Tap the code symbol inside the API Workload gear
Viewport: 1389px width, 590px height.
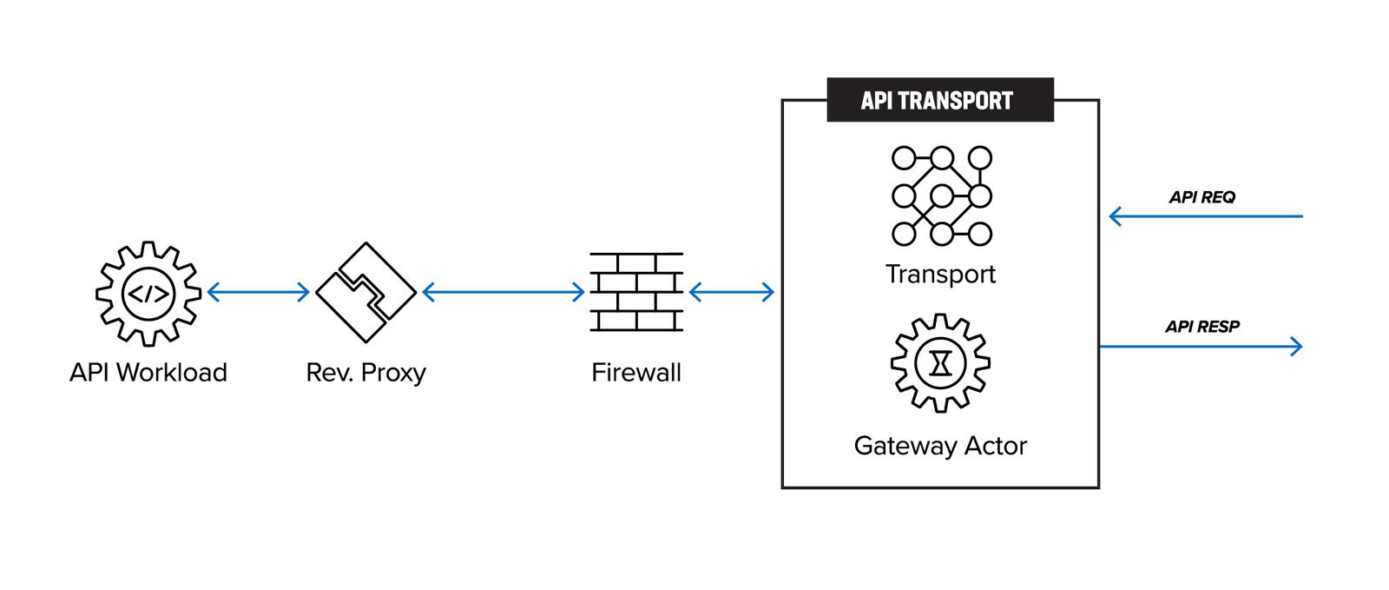click(148, 294)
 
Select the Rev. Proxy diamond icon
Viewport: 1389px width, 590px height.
click(365, 292)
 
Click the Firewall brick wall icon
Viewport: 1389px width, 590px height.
click(636, 292)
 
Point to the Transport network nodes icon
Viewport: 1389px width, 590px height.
click(942, 196)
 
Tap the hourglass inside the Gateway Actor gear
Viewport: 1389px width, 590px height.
click(941, 363)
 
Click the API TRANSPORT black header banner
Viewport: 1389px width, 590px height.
click(939, 100)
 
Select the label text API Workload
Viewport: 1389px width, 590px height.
click(148, 373)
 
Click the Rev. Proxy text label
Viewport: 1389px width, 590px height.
click(365, 373)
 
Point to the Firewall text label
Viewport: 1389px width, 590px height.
click(636, 373)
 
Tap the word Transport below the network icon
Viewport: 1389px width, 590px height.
click(940, 275)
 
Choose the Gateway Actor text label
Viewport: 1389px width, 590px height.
click(940, 446)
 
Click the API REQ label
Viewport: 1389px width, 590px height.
click(1201, 197)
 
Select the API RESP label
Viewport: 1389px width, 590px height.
click(1201, 327)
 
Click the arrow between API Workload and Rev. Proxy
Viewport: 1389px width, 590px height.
click(259, 292)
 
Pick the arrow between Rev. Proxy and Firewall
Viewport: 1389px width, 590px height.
click(504, 292)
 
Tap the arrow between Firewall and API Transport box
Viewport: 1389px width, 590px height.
click(731, 292)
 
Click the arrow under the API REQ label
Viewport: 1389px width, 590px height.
click(1207, 216)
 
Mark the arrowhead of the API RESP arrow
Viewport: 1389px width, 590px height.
click(1298, 347)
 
